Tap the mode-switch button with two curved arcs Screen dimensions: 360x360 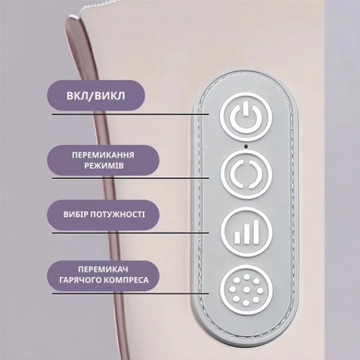pos(246,174)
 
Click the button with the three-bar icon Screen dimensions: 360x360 pos(247,232)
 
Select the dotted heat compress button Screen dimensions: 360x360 pos(246,290)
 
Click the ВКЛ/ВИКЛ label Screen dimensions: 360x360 pos(96,96)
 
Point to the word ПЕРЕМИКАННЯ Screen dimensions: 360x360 pos(103,155)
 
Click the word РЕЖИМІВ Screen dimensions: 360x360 pos(104,166)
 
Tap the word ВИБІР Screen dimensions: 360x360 pos(76,214)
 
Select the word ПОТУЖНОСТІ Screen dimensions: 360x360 pos(118,214)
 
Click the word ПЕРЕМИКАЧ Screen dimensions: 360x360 pos(103,269)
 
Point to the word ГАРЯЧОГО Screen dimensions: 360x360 pos(79,280)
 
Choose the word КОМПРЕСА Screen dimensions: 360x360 pos(125,280)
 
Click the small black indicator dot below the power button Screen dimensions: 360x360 pos(246,146)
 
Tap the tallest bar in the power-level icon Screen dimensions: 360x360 pos(256,232)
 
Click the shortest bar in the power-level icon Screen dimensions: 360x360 pos(237,238)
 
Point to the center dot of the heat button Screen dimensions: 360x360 pos(246,290)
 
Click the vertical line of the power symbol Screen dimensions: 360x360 pos(246,109)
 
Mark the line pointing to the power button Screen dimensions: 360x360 pos(131,114)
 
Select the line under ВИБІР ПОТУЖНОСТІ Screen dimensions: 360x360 pos(131,233)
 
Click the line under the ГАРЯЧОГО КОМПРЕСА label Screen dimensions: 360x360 pos(131,293)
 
